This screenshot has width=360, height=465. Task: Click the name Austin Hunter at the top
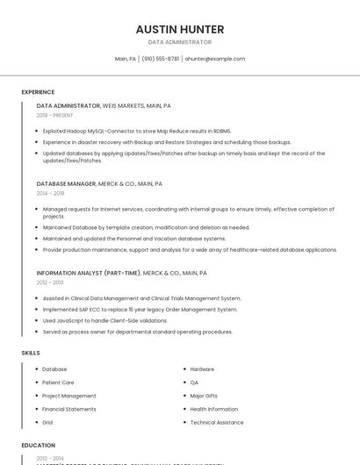[179, 29]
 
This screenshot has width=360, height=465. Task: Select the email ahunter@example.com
[215, 59]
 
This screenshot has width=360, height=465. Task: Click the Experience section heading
[38, 92]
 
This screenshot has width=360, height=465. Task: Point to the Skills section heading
[31, 353]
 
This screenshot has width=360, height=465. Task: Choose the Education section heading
[39, 445]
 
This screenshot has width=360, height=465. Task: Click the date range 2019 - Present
[55, 115]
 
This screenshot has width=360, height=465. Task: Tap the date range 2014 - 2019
[50, 193]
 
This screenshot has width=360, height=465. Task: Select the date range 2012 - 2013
[50, 283]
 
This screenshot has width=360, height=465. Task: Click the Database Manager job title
[67, 184]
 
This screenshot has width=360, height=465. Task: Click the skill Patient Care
[58, 383]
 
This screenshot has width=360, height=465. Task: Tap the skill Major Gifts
[204, 396]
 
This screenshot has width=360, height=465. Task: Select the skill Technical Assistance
[217, 422]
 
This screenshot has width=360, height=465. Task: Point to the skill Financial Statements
[69, 409]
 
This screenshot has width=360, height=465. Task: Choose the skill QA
[194, 383]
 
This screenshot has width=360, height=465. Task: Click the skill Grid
[47, 422]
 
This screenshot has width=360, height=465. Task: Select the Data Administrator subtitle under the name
[179, 42]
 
